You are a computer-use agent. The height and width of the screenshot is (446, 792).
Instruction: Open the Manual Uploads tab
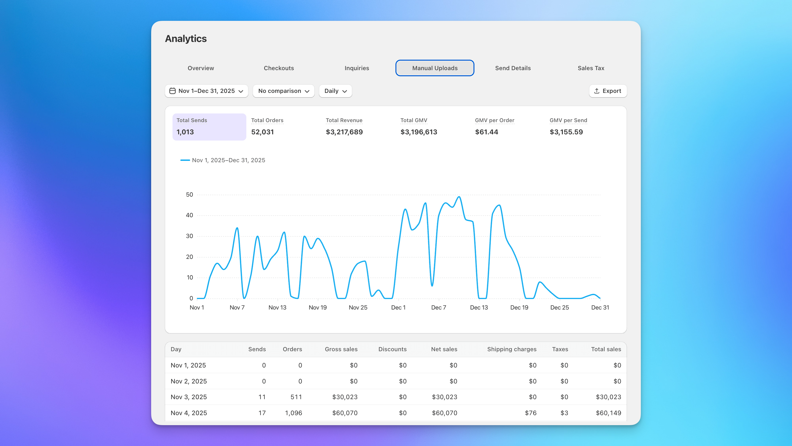(x=435, y=68)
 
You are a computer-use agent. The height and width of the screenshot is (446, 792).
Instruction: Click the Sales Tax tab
(x=591, y=68)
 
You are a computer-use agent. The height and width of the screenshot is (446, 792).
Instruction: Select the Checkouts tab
(x=279, y=68)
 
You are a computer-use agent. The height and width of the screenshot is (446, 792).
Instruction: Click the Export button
(x=608, y=91)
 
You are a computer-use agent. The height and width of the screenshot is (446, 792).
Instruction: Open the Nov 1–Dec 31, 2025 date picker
(x=206, y=91)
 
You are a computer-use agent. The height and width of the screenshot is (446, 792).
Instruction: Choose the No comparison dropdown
(x=283, y=91)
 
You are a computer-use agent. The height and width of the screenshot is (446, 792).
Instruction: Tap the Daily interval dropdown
(x=335, y=91)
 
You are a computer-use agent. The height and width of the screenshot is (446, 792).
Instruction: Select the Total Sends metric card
(x=209, y=126)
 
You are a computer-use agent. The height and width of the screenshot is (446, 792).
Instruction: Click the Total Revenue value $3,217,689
(x=344, y=132)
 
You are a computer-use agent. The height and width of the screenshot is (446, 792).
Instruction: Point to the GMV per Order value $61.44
(x=486, y=132)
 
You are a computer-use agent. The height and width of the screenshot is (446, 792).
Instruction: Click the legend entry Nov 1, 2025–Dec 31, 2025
(x=228, y=160)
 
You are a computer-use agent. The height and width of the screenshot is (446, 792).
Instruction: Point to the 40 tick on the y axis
(x=189, y=215)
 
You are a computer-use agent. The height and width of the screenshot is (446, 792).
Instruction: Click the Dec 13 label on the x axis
(x=479, y=308)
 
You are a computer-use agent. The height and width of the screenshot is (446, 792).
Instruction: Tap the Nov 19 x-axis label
(x=318, y=308)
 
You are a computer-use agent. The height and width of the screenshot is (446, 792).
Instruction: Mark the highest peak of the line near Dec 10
(x=459, y=197)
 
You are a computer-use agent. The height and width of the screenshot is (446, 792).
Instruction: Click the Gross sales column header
(x=341, y=349)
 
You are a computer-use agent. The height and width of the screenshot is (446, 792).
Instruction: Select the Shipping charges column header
(x=512, y=349)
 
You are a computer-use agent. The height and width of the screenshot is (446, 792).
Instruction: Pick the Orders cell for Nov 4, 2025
(x=293, y=413)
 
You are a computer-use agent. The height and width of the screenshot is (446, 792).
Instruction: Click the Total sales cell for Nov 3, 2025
(x=608, y=397)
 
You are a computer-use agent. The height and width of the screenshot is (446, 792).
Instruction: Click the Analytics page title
(x=186, y=38)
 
